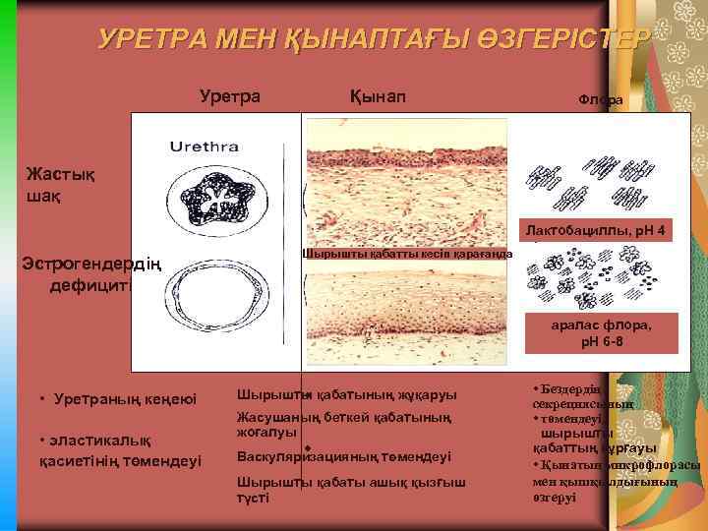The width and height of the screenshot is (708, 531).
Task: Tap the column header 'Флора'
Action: tap(600, 100)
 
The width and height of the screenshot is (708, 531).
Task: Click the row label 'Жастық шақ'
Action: tap(61, 185)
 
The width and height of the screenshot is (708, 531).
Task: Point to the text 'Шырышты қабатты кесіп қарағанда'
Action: tap(407, 254)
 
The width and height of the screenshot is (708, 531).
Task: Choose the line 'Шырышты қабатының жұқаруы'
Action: tap(346, 395)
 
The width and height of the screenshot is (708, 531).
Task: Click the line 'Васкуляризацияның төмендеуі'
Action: tap(344, 456)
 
